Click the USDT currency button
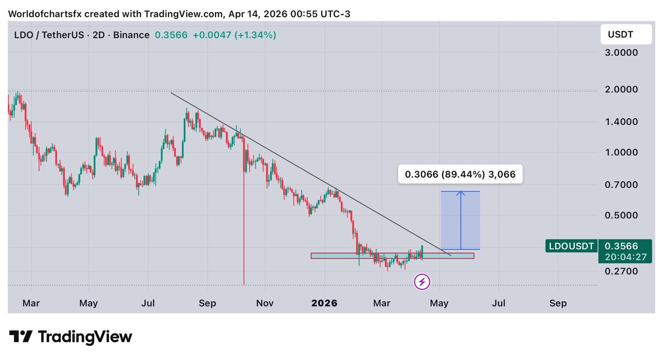(x=620, y=35)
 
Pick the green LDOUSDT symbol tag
(x=571, y=246)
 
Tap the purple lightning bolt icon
(x=422, y=283)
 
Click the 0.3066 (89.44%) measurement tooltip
(x=460, y=174)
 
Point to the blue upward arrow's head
(x=460, y=193)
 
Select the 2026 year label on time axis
(x=325, y=303)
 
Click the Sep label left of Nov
(x=207, y=303)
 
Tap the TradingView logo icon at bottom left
(x=20, y=336)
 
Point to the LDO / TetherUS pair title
(x=50, y=35)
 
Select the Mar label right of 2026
(x=382, y=303)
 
